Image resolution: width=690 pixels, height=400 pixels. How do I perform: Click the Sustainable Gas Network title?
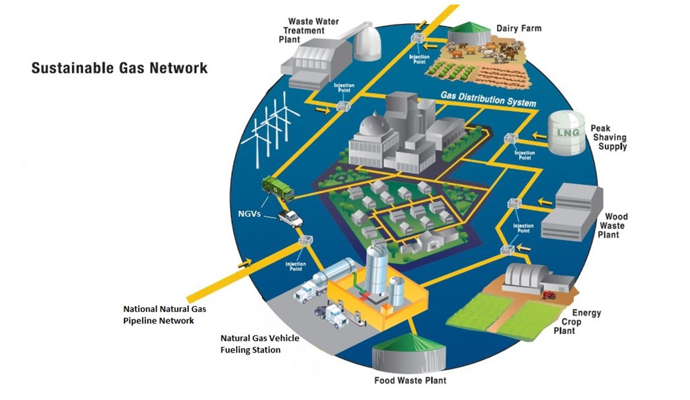pyautogui.click(x=119, y=68)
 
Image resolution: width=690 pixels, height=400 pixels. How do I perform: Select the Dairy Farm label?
pyautogui.click(x=519, y=28)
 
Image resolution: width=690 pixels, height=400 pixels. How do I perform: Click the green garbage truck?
pyautogui.click(x=277, y=189)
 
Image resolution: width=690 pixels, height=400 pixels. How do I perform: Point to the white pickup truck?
pyautogui.click(x=290, y=218)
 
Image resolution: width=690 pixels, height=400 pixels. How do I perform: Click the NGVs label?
pyautogui.click(x=249, y=214)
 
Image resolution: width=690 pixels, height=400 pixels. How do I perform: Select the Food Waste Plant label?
pyautogui.click(x=410, y=380)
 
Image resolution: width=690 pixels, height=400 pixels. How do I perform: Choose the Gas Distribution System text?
pyautogui.click(x=488, y=99)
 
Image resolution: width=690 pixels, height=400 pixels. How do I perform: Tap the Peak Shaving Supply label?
pyautogui.click(x=609, y=137)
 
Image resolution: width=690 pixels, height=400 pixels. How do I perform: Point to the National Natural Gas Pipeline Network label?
pyautogui.click(x=165, y=315)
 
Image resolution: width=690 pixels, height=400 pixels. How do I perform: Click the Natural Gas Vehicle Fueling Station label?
pyautogui.click(x=260, y=344)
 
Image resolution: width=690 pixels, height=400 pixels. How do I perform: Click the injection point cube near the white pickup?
pyautogui.click(x=305, y=240)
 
